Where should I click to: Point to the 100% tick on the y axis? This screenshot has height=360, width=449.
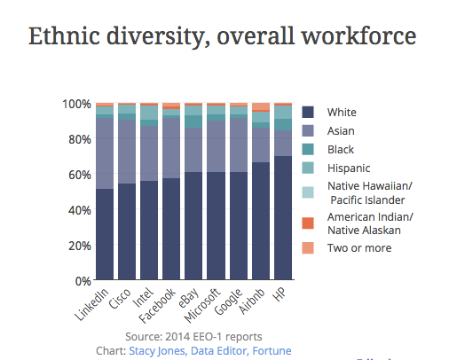[75, 104]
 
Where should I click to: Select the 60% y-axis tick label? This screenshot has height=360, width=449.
[78, 175]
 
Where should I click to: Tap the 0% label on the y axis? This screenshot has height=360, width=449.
[83, 280]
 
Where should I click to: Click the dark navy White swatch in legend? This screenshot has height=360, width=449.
[308, 112]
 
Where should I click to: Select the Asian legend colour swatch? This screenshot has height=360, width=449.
[308, 130]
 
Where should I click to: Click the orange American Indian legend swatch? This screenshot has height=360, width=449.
[308, 223]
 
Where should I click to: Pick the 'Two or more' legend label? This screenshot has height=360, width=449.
[359, 247]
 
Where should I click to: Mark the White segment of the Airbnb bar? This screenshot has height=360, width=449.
[261, 221]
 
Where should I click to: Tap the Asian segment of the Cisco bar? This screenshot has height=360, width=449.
[127, 152]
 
